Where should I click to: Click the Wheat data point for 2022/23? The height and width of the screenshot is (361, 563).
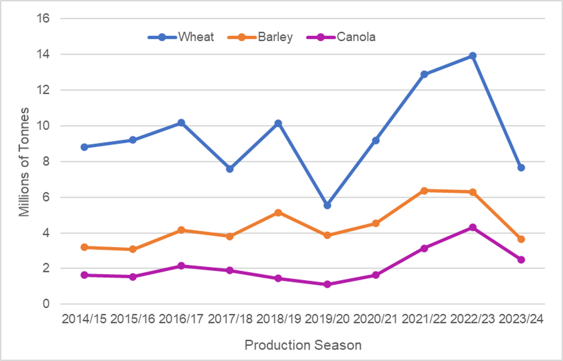click(472, 56)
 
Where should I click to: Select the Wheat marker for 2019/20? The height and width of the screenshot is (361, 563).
click(327, 205)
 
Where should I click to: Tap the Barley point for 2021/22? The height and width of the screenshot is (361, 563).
click(424, 190)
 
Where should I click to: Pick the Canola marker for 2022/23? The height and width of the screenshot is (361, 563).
click(472, 227)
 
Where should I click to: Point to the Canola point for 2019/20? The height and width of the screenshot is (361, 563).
click(327, 284)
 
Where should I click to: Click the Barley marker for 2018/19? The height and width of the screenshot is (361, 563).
click(278, 213)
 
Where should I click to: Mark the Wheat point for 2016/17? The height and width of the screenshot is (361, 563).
click(181, 123)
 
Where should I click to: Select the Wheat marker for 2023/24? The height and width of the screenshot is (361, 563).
click(521, 168)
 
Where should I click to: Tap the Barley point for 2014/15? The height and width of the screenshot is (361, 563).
click(84, 247)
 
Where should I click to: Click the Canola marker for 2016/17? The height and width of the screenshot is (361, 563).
click(181, 266)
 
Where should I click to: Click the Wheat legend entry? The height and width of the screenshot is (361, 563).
click(181, 37)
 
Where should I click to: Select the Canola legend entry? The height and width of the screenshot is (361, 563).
click(341, 37)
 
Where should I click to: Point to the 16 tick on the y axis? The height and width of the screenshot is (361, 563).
click(44, 19)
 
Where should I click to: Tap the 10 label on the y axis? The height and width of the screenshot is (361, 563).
click(44, 126)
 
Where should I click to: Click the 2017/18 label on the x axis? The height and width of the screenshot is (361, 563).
click(229, 319)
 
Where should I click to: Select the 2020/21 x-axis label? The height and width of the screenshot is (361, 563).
click(375, 319)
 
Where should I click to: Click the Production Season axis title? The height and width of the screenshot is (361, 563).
click(303, 345)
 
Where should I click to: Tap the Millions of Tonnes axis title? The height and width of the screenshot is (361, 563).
click(25, 162)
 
